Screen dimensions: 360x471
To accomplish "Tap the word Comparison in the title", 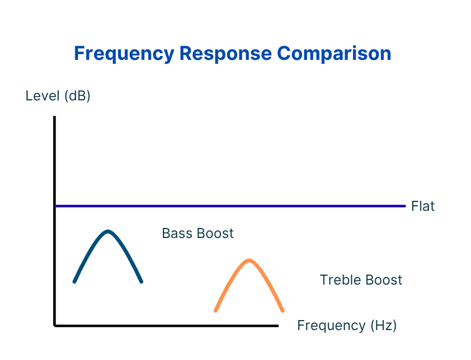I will [x=334, y=54].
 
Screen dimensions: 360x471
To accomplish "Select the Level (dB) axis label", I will [x=58, y=96].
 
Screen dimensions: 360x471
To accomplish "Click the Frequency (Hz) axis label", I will [x=347, y=325].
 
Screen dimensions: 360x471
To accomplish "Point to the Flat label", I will [x=423, y=206].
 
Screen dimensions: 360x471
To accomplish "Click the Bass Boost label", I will [x=198, y=233].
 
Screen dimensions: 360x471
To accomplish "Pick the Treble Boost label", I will [x=361, y=280].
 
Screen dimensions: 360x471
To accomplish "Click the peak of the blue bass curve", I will [x=108, y=231].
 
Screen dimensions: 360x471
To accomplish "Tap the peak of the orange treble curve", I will [x=249, y=260].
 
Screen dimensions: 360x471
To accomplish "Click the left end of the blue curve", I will [x=74, y=282].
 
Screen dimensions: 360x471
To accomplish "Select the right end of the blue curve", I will [x=142, y=282].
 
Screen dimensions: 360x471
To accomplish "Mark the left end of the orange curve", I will [x=216, y=311].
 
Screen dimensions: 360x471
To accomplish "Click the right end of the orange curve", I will [x=283, y=311].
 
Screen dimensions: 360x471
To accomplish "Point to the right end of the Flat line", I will [x=405, y=206].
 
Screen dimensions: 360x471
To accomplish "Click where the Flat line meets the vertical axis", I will [x=55, y=206].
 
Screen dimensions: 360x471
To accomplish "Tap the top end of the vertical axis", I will [x=55, y=117].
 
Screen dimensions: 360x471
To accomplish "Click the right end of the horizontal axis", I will [x=277, y=326].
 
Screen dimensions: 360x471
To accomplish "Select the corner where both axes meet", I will [x=55, y=326].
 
